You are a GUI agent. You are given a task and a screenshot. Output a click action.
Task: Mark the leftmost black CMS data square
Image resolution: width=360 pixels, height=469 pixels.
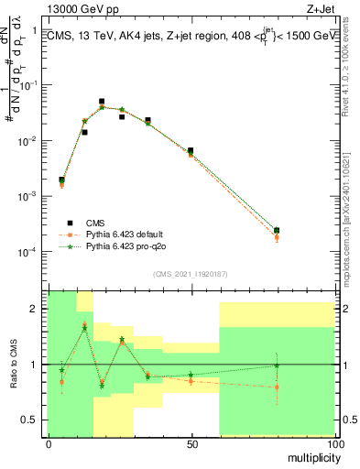(x=61, y=180)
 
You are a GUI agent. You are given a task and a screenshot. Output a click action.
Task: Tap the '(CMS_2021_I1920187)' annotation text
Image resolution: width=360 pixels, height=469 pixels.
(x=191, y=274)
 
